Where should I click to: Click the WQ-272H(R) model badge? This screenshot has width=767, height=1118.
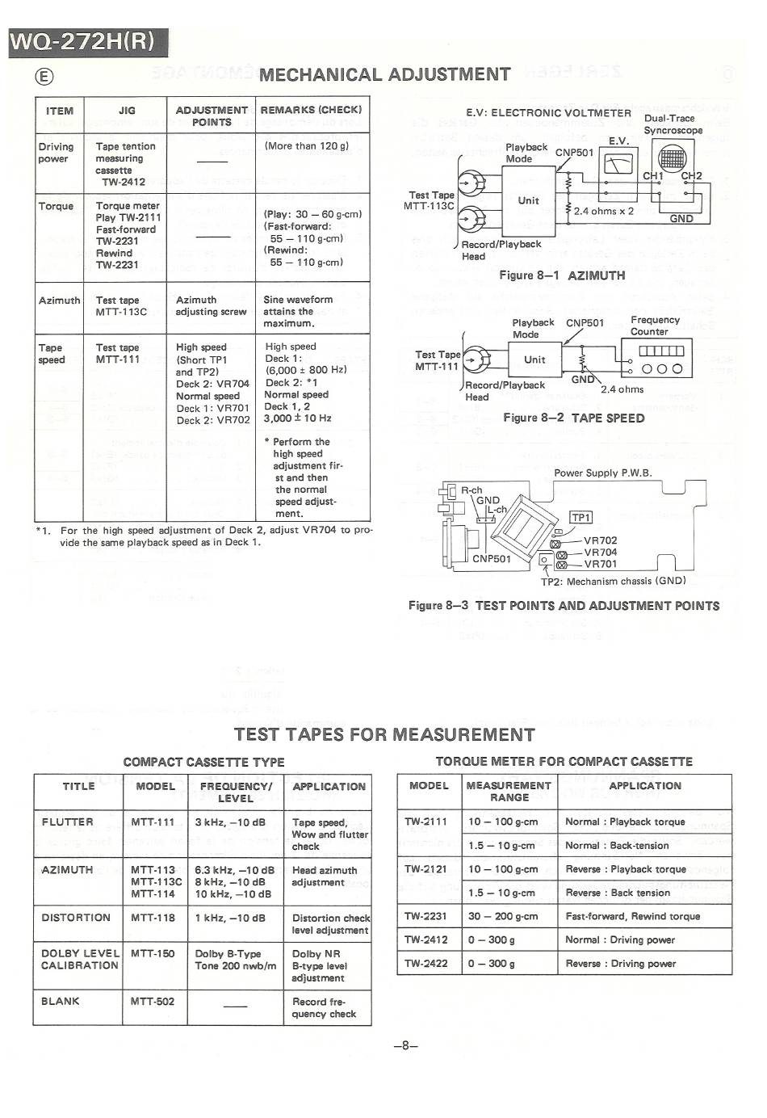87,41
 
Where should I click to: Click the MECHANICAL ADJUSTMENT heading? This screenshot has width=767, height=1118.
384,75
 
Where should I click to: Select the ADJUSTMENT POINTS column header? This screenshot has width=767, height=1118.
212,116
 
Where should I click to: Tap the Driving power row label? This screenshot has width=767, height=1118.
56,153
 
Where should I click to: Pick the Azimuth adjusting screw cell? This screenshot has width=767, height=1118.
211,305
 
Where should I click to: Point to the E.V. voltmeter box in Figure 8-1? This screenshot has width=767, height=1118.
618,164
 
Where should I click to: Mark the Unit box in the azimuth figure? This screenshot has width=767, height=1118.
529,200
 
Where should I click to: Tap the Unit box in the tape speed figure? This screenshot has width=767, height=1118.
534,359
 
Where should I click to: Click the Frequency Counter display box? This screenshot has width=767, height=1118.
661,351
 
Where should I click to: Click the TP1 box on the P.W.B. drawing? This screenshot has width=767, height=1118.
580,518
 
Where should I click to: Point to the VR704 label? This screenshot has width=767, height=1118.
600,553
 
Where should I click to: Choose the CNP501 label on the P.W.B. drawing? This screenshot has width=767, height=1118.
492,558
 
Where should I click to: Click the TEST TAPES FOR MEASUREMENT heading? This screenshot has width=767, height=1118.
384,734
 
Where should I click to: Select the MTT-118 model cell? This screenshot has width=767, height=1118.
153,918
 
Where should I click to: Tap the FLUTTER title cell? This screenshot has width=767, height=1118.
68,822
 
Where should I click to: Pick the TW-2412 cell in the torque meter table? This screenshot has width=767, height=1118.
426,939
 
